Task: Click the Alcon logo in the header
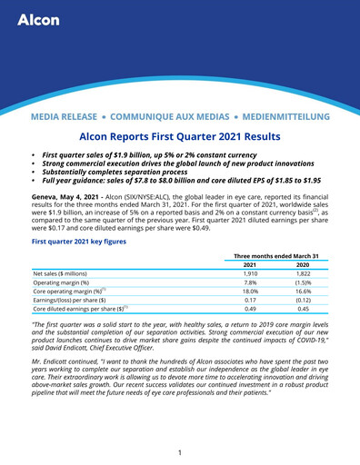(x=36, y=19)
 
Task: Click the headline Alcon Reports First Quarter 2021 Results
(x=179, y=137)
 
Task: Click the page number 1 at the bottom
(x=180, y=452)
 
